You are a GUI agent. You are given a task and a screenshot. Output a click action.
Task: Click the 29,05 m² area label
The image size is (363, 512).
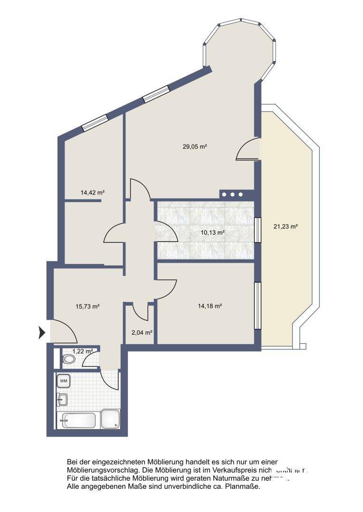[195, 147]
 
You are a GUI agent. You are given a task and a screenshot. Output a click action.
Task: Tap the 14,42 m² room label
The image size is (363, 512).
[93, 193]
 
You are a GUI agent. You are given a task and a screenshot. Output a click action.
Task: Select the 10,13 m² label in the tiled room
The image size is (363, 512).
[212, 233]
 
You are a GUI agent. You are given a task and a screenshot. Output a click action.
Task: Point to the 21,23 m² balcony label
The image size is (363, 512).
[286, 227]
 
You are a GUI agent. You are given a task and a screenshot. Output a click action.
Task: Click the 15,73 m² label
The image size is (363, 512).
[87, 306]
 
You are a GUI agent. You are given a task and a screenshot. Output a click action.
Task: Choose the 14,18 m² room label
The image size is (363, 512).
[210, 306]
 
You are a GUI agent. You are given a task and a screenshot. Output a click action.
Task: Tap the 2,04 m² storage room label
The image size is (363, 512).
[142, 333]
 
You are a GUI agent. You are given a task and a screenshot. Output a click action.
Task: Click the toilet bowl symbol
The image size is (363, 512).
[69, 360]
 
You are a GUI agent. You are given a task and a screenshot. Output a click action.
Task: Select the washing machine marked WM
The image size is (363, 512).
[64, 380]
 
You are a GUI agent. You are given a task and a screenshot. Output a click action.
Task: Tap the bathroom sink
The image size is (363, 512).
[62, 400]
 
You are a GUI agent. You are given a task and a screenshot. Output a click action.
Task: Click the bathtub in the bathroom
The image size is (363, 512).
[78, 420]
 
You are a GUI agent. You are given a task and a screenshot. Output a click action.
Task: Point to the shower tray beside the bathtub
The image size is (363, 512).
[111, 419]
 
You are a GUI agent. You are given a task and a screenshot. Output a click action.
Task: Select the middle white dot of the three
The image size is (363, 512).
[232, 194]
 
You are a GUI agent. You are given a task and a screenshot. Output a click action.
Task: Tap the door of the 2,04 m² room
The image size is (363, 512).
[142, 311]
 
